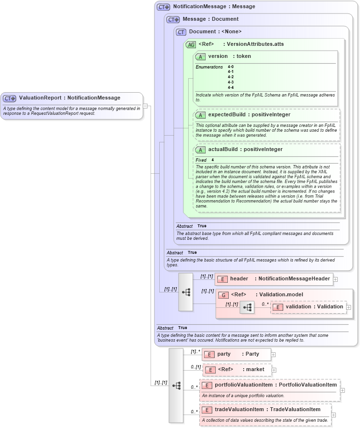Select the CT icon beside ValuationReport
(x=10, y=98)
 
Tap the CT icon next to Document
(x=181, y=32)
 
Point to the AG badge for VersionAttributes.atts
(x=191, y=44)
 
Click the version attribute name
(x=218, y=56)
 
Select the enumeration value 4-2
(x=231, y=77)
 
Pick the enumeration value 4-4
(x=231, y=87)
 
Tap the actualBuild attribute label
(x=225, y=150)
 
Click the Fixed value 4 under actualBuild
(x=213, y=160)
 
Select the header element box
(x=274, y=278)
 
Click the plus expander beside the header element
(x=335, y=279)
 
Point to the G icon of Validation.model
(x=223, y=295)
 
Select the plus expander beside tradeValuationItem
(x=333, y=415)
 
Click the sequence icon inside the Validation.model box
(x=247, y=307)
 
